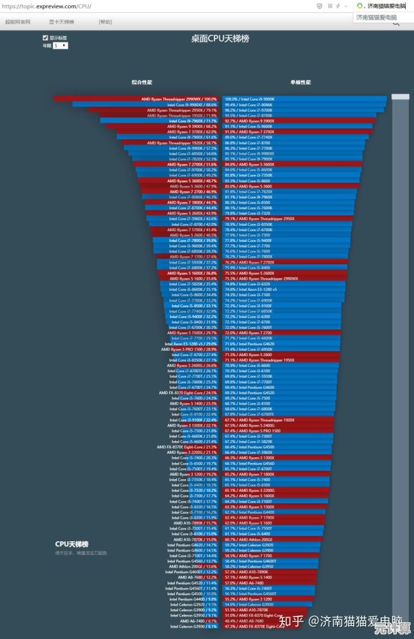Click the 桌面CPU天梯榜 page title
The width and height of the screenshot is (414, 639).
tap(220, 39)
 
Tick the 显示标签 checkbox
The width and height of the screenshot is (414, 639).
tap(45, 38)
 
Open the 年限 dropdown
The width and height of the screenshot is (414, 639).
tap(60, 45)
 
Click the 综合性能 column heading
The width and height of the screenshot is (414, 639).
tap(142, 82)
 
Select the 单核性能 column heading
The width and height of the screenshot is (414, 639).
tap(300, 82)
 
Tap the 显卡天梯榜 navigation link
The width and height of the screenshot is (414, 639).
tap(61, 22)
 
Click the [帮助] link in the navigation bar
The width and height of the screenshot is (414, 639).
tap(105, 22)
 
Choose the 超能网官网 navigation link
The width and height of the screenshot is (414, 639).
tap(17, 22)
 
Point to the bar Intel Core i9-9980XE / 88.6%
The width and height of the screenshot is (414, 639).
tap(149, 105)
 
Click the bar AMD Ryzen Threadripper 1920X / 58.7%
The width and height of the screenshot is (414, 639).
tap(172, 143)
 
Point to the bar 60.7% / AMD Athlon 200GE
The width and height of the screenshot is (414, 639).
tap(270, 539)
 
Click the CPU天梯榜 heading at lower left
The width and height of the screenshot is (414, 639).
tap(72, 544)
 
